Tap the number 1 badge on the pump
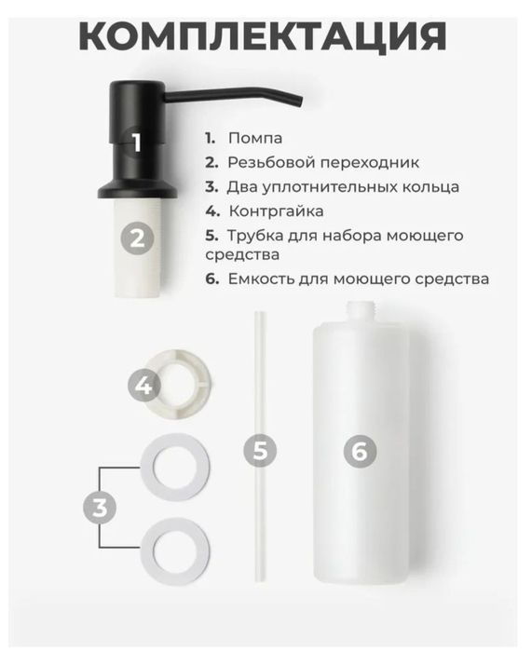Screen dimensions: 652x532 pos(137,143)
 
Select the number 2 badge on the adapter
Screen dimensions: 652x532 pos(137,238)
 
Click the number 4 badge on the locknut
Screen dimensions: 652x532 pos(144,384)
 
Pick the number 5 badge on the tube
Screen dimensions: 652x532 pos(261,452)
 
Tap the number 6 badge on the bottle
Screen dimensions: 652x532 pos(360,452)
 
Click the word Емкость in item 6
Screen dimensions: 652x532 pos(260,278)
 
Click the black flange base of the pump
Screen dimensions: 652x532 pos(137,186)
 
